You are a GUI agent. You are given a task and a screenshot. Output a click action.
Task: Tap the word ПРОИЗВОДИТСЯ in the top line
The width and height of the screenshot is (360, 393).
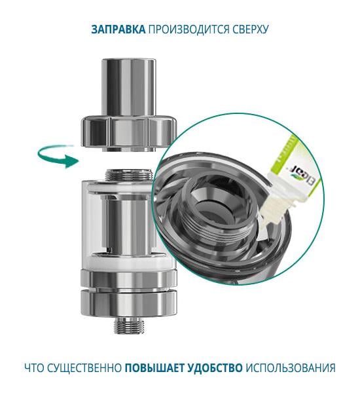click(185, 29)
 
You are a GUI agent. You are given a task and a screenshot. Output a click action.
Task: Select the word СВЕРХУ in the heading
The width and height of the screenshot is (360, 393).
click(247, 29)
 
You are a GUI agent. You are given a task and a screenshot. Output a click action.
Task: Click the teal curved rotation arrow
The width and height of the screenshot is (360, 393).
click(56, 155)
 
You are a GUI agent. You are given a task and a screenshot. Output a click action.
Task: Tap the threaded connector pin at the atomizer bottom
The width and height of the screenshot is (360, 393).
click(128, 324)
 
